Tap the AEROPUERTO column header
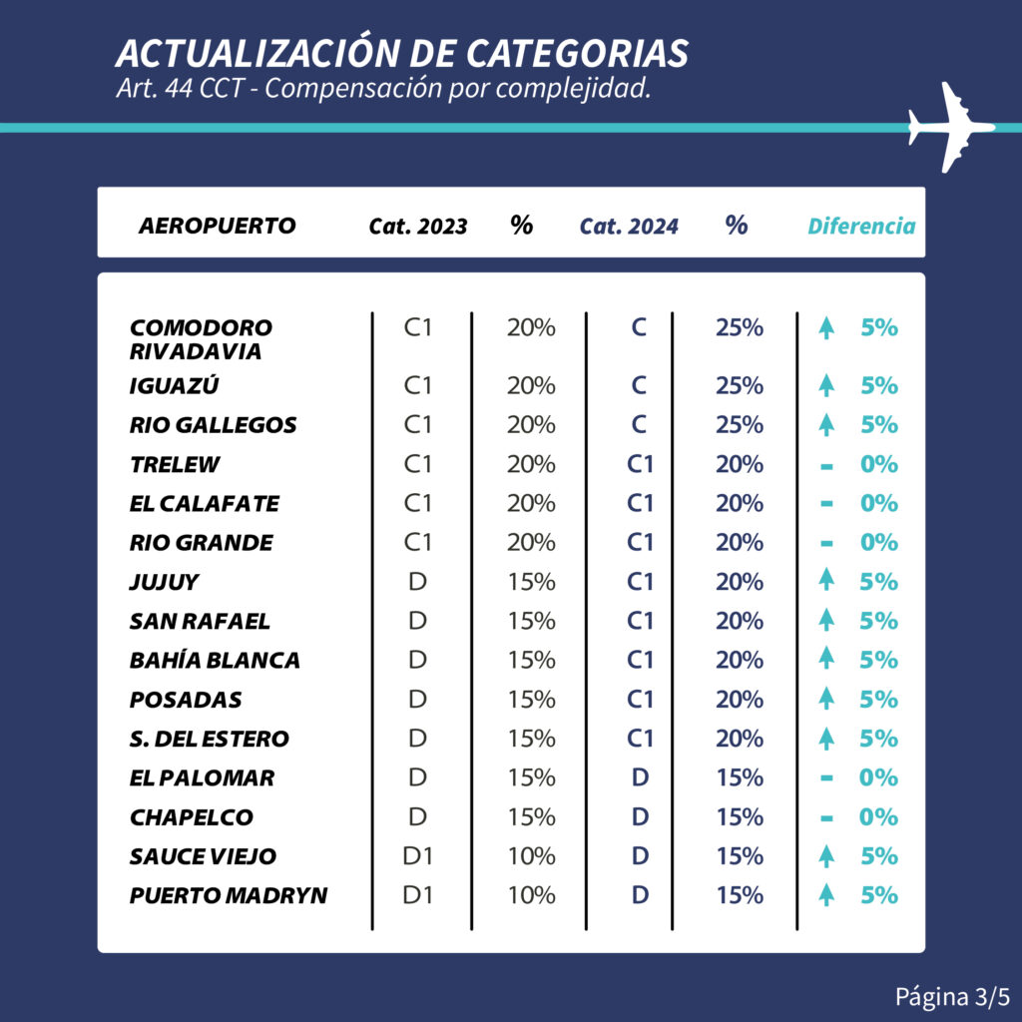[x=217, y=226]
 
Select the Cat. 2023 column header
[x=417, y=227]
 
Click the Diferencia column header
[x=860, y=227]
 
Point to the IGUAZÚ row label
[x=175, y=386]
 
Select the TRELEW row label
[x=175, y=464]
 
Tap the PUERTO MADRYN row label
[x=229, y=895]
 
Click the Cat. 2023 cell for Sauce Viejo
[x=417, y=856]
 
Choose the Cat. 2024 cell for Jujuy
[x=640, y=582]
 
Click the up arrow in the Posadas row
[x=825, y=700]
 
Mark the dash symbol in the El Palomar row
[x=825, y=778]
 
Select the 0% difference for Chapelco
[x=878, y=817]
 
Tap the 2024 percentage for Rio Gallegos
[x=740, y=425]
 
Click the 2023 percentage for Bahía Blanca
[x=530, y=661]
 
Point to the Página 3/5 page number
[x=952, y=996]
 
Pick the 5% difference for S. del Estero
[x=878, y=739]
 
